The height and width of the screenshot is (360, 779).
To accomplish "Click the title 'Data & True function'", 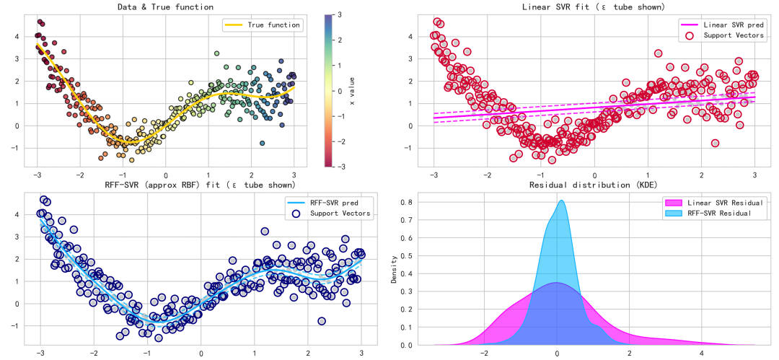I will (x=165, y=7).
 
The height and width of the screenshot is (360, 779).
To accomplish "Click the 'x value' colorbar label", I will (x=352, y=92).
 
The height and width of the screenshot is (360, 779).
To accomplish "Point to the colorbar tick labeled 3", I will (x=338, y=14).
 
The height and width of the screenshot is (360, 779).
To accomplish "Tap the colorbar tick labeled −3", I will (x=338, y=167).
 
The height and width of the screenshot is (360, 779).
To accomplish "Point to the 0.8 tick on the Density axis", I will (x=406, y=202).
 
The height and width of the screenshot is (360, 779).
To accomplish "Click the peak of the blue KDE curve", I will (x=561, y=201).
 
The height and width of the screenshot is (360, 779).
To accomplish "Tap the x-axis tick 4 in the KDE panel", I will (x=702, y=354).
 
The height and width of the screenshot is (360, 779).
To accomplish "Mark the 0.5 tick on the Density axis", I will (x=406, y=255).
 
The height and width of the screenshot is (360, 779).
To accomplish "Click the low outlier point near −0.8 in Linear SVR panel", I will (x=715, y=143).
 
